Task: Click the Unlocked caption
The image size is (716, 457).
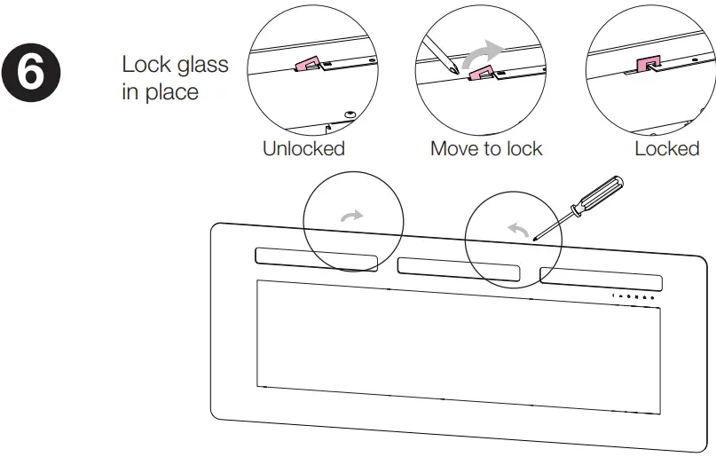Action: coord(303,148)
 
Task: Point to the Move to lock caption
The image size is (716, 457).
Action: coord(485,148)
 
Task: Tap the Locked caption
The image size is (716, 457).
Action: coord(666,148)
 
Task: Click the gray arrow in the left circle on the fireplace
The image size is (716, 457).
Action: coord(353,216)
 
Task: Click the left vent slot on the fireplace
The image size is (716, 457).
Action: coord(315,258)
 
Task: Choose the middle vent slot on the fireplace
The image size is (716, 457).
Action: coord(459,269)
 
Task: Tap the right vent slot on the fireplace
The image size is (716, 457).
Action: coord(600,277)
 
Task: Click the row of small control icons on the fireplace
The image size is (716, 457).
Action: coord(633,296)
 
